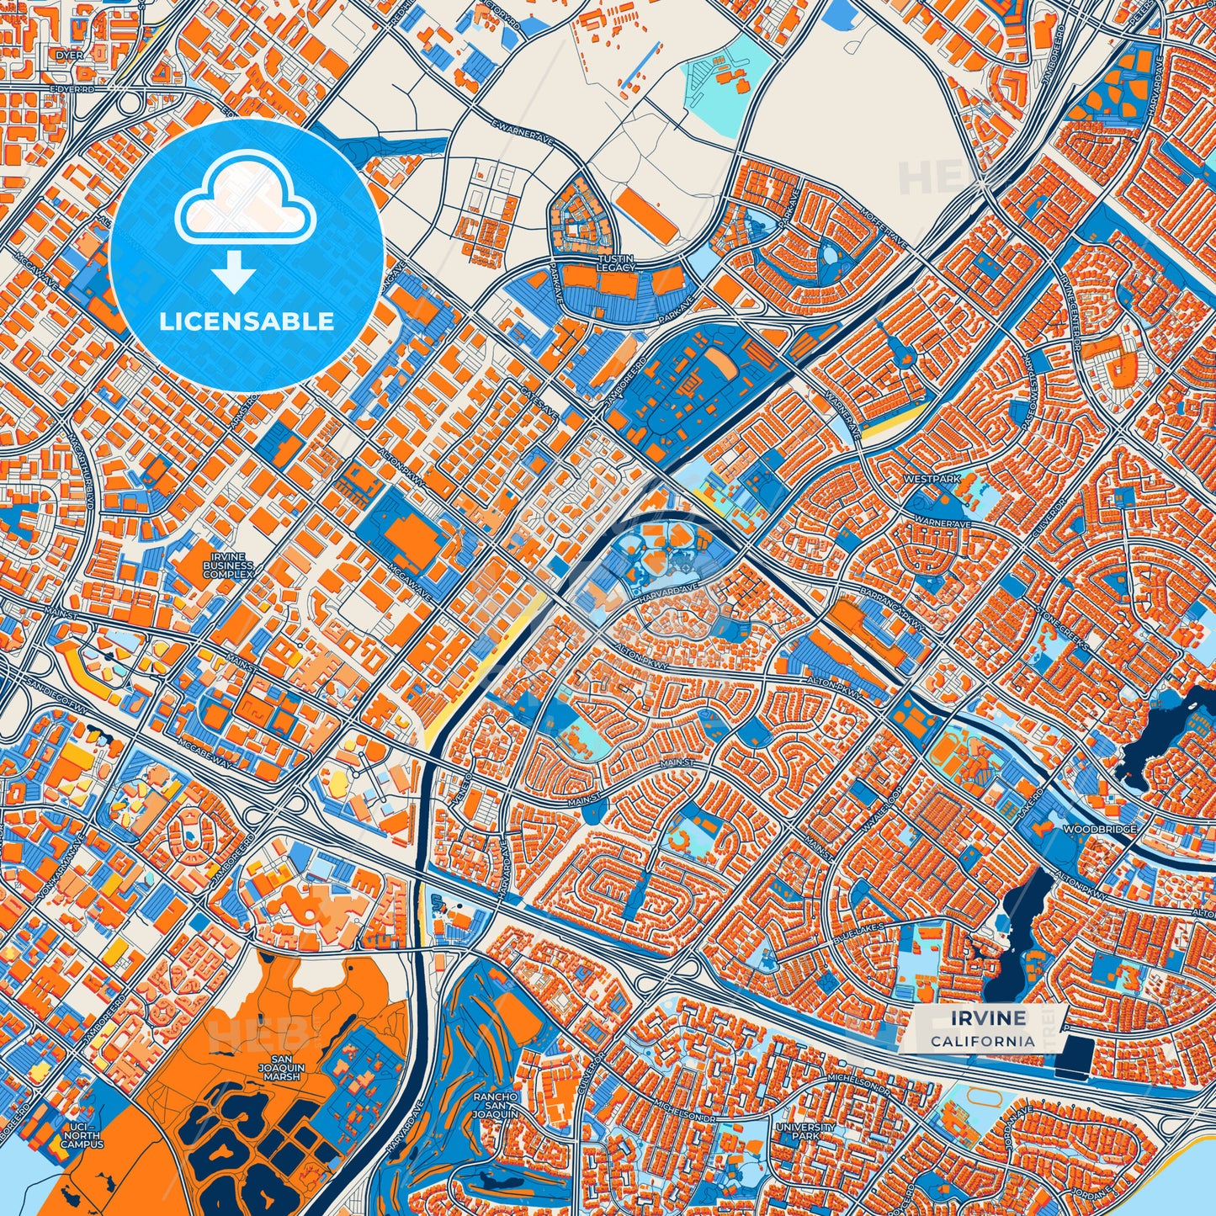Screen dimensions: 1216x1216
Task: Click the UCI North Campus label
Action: (x=82, y=1136)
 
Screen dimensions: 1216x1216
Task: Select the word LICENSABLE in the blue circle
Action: (x=247, y=321)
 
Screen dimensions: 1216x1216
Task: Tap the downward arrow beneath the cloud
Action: (x=235, y=273)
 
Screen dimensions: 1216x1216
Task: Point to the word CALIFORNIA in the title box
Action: (x=983, y=1041)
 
